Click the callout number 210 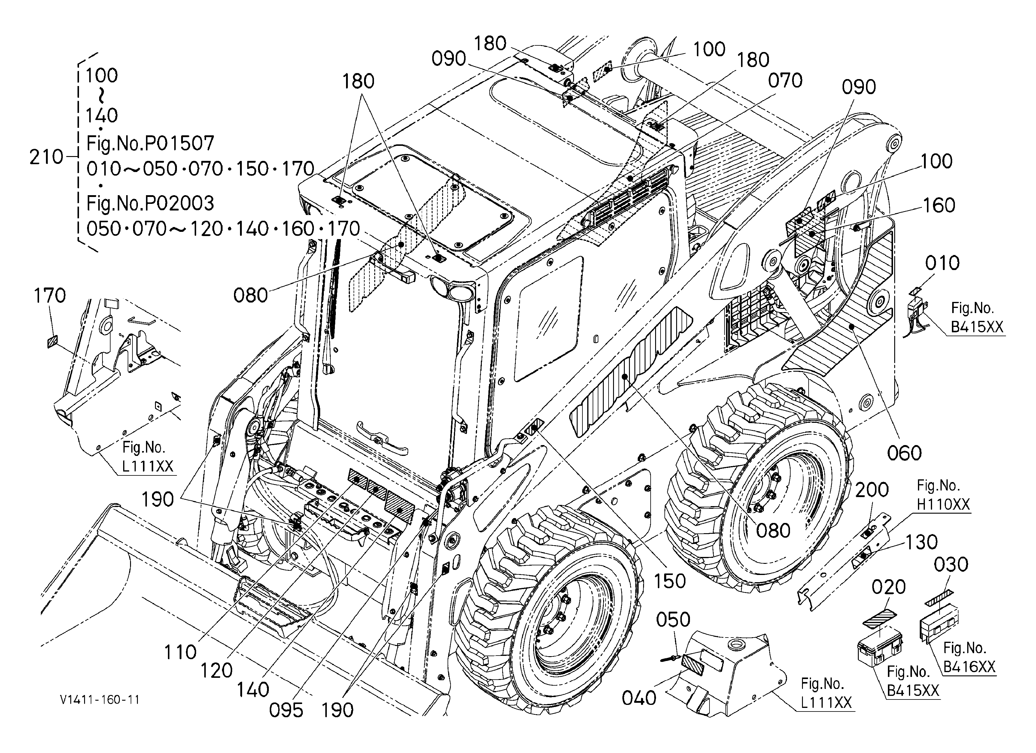pos(46,157)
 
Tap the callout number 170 pos(50,296)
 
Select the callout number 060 pos(904,453)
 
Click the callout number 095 pos(286,710)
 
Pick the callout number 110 pos(181,653)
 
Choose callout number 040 pos(639,698)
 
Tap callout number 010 pos(942,263)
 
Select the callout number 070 pos(785,81)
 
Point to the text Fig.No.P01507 pos(150,143)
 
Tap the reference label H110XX pos(943,504)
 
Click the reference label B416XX pos(969,667)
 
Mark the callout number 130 pos(921,542)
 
